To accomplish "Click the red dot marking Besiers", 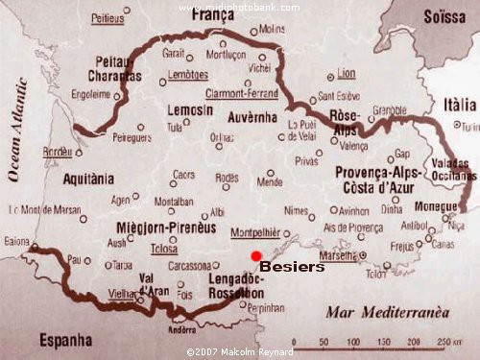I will pos(254,254).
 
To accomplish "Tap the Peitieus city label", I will pos(108,18).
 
